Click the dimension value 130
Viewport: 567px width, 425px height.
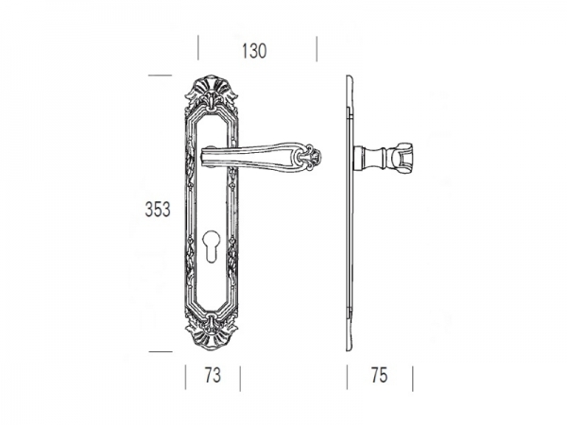[254, 51]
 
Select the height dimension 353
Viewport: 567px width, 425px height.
[158, 210]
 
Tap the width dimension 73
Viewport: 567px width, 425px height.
[213, 375]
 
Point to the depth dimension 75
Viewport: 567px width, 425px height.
[379, 375]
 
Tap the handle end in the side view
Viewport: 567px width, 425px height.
[402, 158]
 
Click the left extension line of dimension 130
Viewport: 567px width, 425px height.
[198, 48]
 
